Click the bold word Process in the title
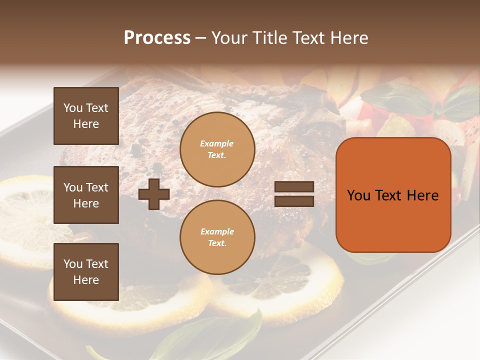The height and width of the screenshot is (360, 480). (157, 38)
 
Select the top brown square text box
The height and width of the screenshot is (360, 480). (86, 116)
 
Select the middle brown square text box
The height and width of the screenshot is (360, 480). (86, 195)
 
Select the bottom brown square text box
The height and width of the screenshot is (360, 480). (86, 272)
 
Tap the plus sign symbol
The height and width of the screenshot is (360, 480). (154, 194)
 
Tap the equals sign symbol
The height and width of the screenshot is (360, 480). (294, 194)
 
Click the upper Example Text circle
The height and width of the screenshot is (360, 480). (217, 149)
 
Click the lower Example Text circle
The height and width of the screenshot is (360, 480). (217, 237)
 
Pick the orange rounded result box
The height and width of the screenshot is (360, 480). (393, 195)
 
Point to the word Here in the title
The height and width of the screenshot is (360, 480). (349, 38)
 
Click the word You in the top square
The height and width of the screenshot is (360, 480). (73, 108)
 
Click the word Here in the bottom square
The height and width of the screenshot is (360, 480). (86, 280)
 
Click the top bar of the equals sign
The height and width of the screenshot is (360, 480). (294, 187)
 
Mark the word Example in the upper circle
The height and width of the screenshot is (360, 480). (217, 143)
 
